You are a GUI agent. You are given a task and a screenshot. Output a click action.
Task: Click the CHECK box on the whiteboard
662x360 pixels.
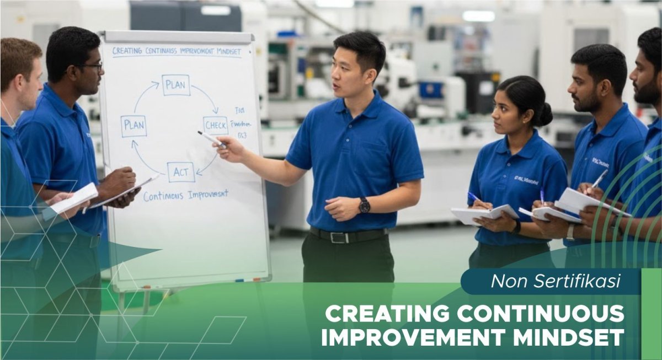(215, 125)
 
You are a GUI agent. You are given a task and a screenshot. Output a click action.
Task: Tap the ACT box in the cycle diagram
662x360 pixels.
(180, 172)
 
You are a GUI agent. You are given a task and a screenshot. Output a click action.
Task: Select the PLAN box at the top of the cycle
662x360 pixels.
(176, 85)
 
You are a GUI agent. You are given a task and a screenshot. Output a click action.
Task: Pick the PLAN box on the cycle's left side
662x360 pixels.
(134, 126)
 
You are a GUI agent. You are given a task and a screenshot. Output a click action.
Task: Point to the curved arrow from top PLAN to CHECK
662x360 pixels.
(206, 97)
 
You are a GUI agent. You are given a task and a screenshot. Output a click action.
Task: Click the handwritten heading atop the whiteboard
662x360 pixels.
(177, 51)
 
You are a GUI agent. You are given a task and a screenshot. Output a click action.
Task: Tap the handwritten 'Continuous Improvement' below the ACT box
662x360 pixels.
(186, 195)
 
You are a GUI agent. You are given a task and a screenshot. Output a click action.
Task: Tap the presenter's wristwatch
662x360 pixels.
(364, 205)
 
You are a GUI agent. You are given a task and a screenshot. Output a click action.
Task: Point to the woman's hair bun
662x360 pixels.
(543, 114)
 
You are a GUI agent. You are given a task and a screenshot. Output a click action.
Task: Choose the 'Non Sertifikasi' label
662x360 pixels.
(556, 281)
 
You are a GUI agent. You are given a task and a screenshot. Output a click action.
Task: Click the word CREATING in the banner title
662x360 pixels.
(386, 314)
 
